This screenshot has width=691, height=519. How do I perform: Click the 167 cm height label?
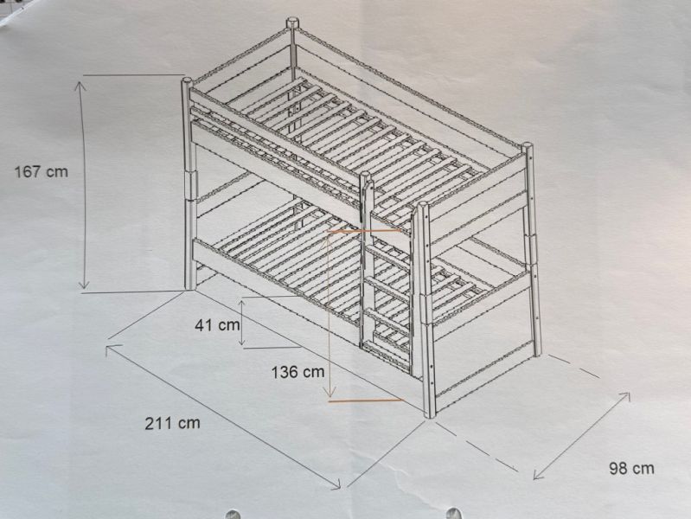click(x=42, y=171)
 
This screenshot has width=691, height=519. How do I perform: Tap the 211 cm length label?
click(x=172, y=423)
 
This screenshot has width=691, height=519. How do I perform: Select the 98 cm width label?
click(x=631, y=468)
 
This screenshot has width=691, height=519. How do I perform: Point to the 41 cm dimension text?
click(x=217, y=325)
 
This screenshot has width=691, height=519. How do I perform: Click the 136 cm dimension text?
click(x=298, y=372)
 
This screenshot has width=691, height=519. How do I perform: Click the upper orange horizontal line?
click(x=364, y=231)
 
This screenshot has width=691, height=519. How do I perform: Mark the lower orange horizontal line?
click(x=366, y=400)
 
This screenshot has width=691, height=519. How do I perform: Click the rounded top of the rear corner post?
click(x=292, y=22)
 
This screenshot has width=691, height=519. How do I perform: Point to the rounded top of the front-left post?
click(x=187, y=81)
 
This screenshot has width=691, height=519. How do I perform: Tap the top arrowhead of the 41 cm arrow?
click(x=242, y=303)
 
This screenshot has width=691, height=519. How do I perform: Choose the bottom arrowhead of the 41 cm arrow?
click(x=242, y=343)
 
